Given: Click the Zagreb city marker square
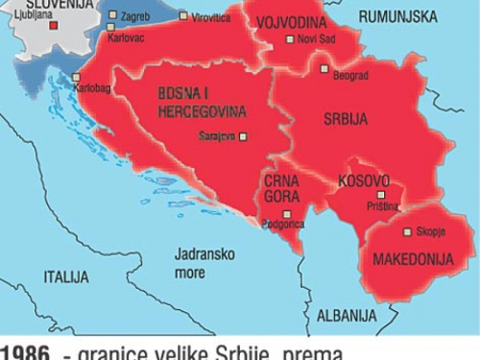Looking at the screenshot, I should [x=112, y=15].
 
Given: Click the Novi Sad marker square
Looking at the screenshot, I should [x=290, y=39].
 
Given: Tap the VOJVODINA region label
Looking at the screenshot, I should [x=294, y=22].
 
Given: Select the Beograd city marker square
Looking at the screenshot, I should [x=324, y=69].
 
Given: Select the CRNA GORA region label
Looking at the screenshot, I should [x=281, y=190].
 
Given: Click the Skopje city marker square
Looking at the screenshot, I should [x=407, y=231].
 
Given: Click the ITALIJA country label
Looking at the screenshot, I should [x=65, y=276].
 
